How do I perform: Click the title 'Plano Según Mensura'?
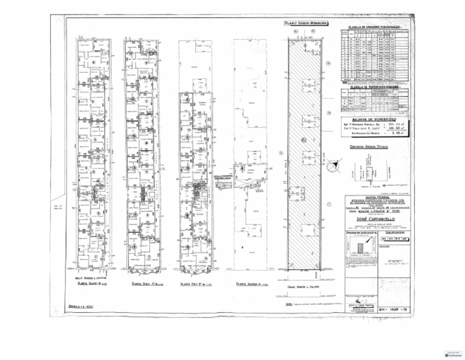click(x=306, y=24)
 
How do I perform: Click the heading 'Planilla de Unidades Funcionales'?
click(x=373, y=28)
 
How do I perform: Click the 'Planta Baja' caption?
click(x=91, y=283)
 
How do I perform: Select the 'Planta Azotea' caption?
click(x=251, y=283)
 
